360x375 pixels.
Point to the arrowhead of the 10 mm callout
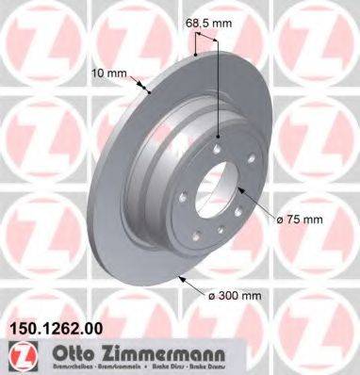(151, 92)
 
